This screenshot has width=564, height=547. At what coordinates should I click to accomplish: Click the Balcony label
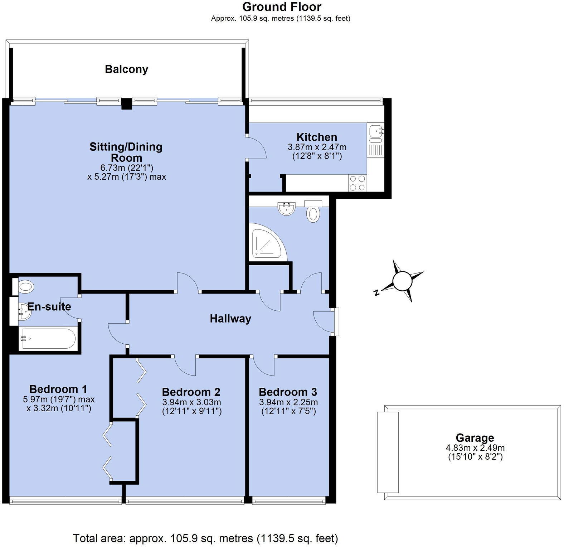click(126, 69)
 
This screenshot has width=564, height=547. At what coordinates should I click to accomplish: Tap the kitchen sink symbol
click(376, 131)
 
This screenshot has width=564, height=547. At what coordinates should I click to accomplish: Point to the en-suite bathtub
click(48, 338)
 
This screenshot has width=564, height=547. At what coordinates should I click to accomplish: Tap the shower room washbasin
click(286, 209)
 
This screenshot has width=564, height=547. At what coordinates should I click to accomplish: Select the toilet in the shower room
click(313, 213)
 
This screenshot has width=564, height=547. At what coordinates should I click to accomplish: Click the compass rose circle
click(403, 281)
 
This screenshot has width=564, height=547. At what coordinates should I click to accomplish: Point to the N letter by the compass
click(376, 293)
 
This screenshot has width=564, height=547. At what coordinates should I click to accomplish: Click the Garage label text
click(475, 438)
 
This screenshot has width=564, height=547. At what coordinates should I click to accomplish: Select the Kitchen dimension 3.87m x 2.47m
click(317, 147)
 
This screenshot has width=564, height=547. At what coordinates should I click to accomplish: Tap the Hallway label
click(230, 319)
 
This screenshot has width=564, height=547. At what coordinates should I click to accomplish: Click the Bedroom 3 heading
click(288, 392)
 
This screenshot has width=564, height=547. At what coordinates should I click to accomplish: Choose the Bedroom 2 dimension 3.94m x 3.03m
click(191, 402)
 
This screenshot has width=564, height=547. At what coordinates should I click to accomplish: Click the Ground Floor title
click(282, 7)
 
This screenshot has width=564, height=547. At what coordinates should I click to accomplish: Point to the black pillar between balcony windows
click(126, 104)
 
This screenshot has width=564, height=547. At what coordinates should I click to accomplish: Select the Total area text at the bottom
click(205, 538)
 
